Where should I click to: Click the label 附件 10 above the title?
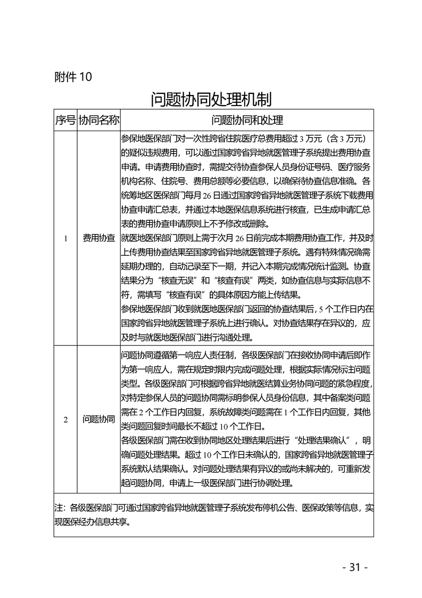[73, 77]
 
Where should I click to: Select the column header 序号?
[65, 120]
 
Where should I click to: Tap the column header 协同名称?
[98, 120]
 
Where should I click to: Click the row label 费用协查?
[98, 238]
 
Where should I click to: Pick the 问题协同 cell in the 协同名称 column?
[98, 419]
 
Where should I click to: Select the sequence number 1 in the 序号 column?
[65, 238]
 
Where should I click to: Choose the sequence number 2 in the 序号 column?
[65, 419]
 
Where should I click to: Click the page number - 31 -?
[355, 567]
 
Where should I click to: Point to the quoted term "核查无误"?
[178, 280]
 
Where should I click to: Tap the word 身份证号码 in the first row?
[276, 166]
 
